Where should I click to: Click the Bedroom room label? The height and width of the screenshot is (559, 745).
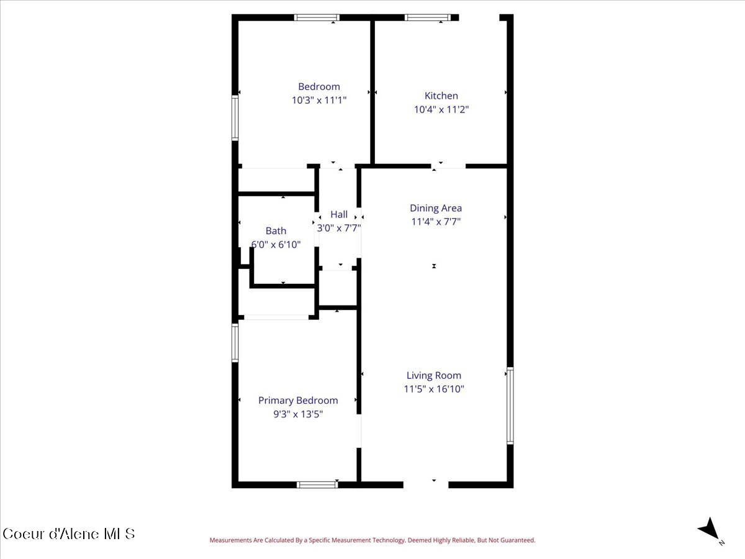point(319,87)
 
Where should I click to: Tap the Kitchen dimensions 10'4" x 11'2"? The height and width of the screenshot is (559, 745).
point(441,109)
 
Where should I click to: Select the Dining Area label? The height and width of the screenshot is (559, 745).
point(436,208)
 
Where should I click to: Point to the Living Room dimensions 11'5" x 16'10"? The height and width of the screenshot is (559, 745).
point(434,389)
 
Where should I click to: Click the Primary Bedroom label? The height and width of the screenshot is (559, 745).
point(298,401)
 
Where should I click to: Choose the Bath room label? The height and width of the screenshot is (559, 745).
point(276,231)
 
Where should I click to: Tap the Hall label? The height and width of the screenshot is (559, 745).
point(339,214)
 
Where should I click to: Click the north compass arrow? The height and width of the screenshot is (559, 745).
point(709,530)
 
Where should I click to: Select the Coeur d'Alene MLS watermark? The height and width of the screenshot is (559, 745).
point(68,534)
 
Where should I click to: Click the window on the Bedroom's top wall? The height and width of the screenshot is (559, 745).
point(317,17)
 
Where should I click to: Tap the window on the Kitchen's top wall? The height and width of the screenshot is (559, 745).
point(428,17)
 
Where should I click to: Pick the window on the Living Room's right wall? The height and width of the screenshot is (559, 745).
point(510,406)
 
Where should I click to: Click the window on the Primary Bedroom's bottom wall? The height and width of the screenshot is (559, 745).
point(317,484)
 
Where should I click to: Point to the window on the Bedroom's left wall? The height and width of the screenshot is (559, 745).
point(235,117)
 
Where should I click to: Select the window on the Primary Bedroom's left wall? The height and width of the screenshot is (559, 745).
point(235,343)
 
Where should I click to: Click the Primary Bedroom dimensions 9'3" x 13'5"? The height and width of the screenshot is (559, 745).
point(298,414)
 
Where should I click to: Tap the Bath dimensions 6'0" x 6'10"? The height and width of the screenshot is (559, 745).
point(276,245)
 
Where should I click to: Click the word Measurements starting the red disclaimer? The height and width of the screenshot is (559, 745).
point(231,540)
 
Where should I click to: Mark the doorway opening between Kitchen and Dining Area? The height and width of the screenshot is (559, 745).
point(449,166)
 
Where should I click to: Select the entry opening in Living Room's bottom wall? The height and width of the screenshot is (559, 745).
point(426,484)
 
